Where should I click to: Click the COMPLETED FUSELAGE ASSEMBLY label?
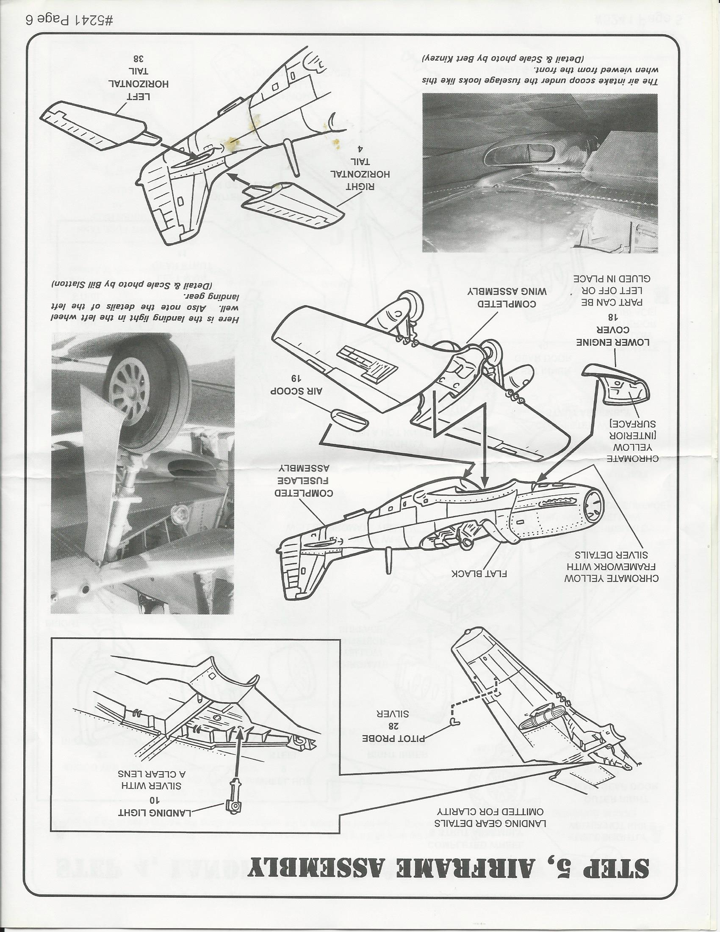pos(303,480)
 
